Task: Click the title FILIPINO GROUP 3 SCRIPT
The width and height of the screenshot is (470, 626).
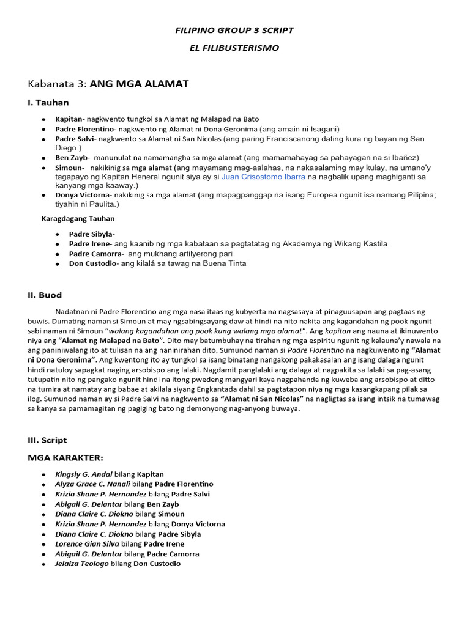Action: [235, 30]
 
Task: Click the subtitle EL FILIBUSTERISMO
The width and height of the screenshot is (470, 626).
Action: [235, 47]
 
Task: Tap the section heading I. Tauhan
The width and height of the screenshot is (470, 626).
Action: [48, 103]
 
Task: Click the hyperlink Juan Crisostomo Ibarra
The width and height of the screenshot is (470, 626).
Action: [264, 177]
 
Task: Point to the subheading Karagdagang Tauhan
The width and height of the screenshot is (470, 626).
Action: [78, 218]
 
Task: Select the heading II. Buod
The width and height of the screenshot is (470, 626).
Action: [45, 295]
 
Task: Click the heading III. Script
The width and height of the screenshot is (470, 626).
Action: [47, 440]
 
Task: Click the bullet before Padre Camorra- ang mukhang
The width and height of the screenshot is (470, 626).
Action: [57, 254]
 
